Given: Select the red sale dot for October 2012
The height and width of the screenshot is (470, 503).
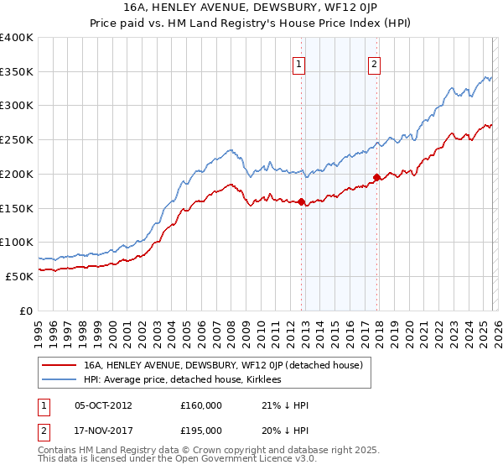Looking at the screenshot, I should (x=301, y=201).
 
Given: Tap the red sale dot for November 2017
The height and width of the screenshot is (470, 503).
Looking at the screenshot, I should (x=376, y=177).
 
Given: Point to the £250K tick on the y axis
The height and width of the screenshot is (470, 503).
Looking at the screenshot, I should (x=17, y=140).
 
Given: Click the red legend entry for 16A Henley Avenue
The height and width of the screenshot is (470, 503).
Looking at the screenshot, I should (x=222, y=365).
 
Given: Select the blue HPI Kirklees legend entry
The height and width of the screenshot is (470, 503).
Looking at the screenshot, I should (x=182, y=379).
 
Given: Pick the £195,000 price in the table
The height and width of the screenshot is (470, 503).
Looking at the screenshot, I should (x=200, y=430).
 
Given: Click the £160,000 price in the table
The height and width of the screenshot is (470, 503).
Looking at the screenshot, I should (x=200, y=405).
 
